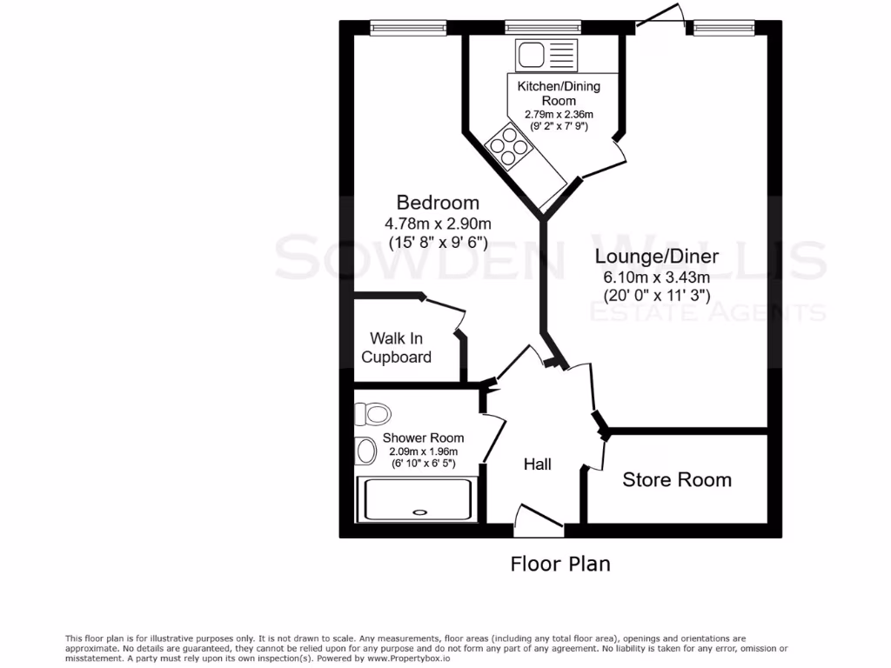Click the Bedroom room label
coord(439,202)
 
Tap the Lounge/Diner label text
coord(657,257)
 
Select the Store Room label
coord(677,479)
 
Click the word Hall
coord(538,464)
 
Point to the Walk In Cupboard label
coord(397,347)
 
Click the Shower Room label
coord(423,438)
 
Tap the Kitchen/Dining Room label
coord(559,93)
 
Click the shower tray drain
coord(421,512)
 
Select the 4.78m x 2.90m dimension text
coord(439,224)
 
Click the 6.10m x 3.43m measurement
coord(657,277)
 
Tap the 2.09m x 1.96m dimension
coord(423,452)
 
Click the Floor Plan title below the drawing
coord(559,564)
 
